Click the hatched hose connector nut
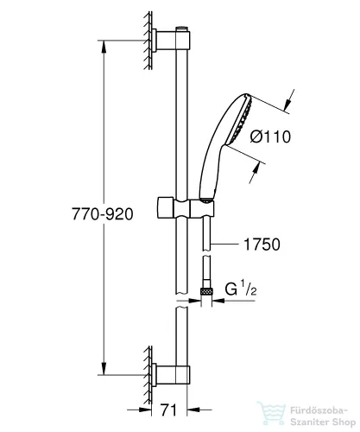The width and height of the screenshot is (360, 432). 206,294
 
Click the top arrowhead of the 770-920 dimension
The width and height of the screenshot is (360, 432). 105,40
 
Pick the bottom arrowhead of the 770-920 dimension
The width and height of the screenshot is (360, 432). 105,371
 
